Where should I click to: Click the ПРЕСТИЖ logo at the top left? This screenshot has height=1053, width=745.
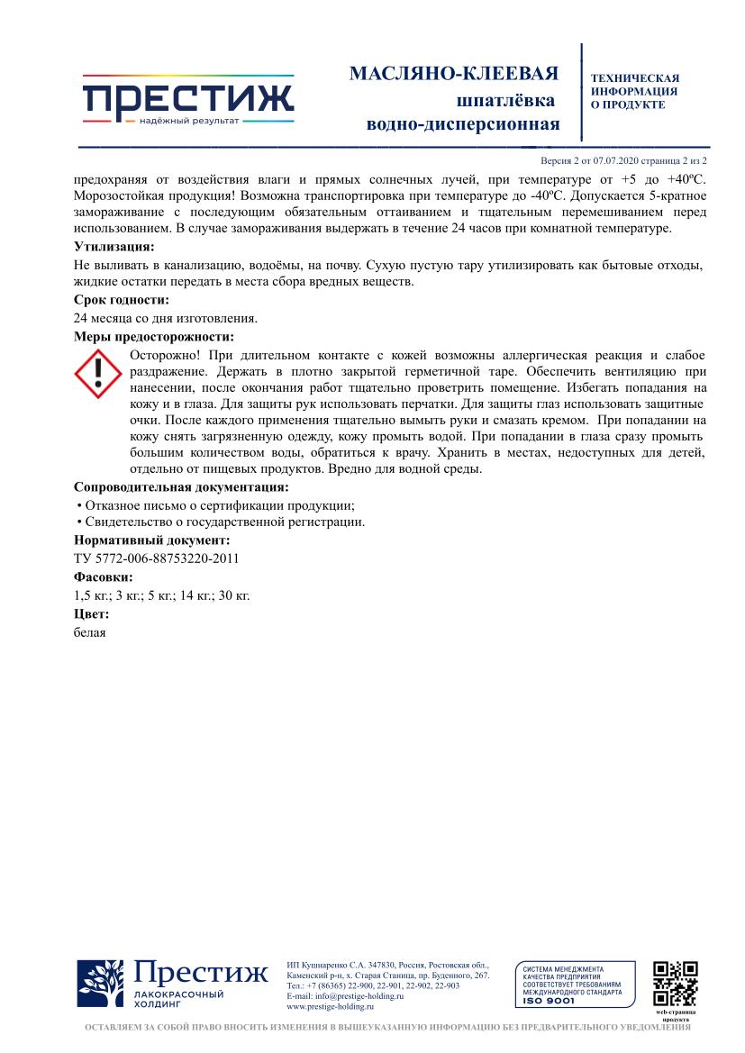188,101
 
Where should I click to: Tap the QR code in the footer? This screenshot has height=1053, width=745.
675,984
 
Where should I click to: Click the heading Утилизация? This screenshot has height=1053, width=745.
114,246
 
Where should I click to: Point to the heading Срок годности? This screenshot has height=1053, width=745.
121,300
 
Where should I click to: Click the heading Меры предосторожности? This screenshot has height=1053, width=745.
153,337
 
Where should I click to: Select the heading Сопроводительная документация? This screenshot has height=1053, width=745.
180,486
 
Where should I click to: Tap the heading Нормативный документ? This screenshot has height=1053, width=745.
151,540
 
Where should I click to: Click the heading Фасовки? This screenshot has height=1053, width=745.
103,576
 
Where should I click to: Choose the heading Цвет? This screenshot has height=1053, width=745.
91,613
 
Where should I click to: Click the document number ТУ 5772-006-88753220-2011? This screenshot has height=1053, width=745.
156,558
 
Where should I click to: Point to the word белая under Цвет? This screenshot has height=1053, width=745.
90,631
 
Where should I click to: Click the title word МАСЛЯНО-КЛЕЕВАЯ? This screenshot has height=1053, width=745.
454,73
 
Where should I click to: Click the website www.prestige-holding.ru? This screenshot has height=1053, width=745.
330,1007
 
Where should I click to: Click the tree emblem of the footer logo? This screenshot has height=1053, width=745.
100,984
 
